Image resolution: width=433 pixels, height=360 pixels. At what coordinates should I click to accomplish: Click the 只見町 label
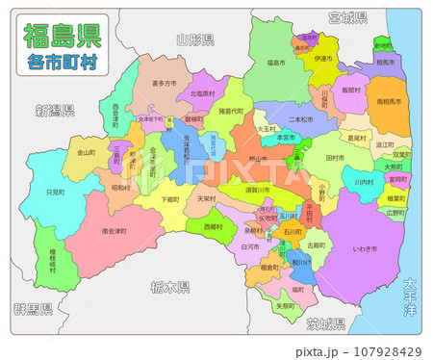[55, 193]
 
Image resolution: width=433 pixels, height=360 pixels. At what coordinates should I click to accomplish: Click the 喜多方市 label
[164, 84]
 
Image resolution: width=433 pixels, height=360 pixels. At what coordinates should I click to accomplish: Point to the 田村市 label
[336, 157]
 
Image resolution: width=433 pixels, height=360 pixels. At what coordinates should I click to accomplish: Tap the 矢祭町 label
[286, 306]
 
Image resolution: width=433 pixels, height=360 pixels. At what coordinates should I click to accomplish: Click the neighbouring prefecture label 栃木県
[170, 288]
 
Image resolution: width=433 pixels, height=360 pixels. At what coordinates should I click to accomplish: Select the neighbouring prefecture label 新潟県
[54, 109]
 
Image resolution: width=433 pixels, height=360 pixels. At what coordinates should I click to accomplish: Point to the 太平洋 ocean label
[411, 294]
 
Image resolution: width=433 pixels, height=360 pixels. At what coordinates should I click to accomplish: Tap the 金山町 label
[86, 152]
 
